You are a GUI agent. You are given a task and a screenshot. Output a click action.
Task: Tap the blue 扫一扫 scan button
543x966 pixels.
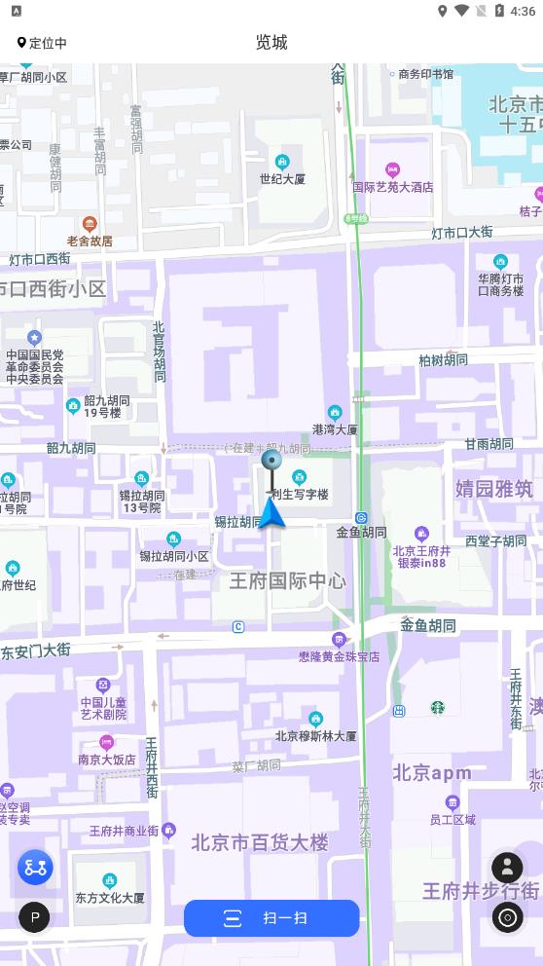click(x=271, y=918)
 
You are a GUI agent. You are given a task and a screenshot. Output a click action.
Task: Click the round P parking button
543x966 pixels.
click(x=34, y=916)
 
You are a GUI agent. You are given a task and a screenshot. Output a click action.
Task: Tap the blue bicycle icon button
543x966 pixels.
click(x=35, y=867)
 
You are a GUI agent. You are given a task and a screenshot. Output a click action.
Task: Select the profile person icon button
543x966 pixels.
click(x=507, y=867)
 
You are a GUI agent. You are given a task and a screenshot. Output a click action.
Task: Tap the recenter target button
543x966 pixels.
click(x=507, y=917)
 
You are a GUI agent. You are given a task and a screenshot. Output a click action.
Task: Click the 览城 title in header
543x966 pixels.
click(x=271, y=42)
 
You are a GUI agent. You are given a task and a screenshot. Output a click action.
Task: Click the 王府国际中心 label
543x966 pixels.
click(x=287, y=581)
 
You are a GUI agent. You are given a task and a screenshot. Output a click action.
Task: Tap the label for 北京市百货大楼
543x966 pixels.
click(x=260, y=842)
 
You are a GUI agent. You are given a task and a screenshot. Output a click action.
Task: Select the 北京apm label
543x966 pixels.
click(x=432, y=773)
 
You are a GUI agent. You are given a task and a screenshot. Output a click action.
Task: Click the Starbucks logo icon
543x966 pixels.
click(x=438, y=708)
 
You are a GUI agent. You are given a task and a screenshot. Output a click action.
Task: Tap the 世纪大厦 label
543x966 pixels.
click(x=282, y=179)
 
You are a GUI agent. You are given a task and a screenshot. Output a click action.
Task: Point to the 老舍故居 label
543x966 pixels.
click(x=90, y=241)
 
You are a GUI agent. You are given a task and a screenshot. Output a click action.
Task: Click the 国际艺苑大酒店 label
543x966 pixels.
click(x=392, y=187)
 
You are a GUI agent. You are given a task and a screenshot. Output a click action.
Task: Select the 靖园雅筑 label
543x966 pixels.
click(x=494, y=489)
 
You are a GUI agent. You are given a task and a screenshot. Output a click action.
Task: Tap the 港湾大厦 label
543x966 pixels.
click(x=334, y=428)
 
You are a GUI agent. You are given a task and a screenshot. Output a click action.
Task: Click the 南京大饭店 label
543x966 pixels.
click(x=107, y=759)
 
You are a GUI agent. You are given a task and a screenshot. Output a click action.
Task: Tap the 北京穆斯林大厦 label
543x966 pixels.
click(x=315, y=736)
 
